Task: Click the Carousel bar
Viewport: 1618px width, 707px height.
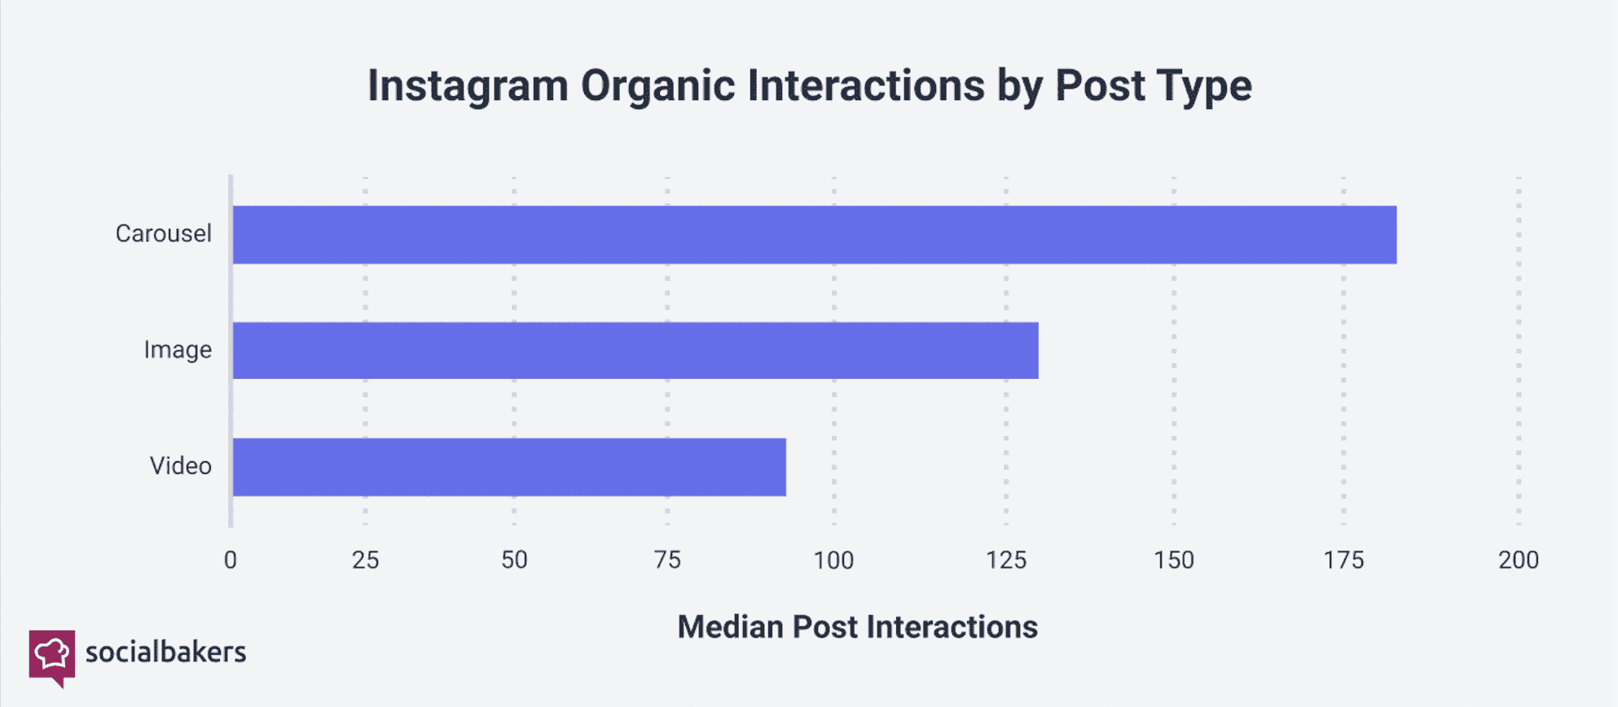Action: point(815,235)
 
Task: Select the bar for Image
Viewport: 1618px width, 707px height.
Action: point(635,350)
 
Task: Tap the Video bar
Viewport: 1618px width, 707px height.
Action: point(509,467)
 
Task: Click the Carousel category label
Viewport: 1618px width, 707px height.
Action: point(163,234)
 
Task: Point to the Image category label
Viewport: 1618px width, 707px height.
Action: point(178,350)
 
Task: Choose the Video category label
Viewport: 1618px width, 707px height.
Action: point(180,466)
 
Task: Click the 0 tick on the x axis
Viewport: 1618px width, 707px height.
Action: point(231,560)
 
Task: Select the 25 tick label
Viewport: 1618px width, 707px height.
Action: point(366,560)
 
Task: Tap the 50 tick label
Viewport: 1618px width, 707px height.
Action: point(514,560)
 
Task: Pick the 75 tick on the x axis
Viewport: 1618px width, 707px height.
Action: point(667,560)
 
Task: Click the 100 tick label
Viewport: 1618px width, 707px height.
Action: point(833,560)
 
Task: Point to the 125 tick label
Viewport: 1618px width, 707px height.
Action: point(1006,560)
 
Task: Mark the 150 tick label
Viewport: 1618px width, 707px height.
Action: point(1174,560)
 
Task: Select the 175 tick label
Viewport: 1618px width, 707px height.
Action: point(1343,560)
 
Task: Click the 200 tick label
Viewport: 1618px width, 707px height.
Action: point(1519,560)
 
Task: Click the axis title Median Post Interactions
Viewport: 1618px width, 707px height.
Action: point(858,627)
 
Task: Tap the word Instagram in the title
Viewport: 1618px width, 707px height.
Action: point(468,86)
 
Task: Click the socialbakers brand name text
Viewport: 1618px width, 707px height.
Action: point(165,652)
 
